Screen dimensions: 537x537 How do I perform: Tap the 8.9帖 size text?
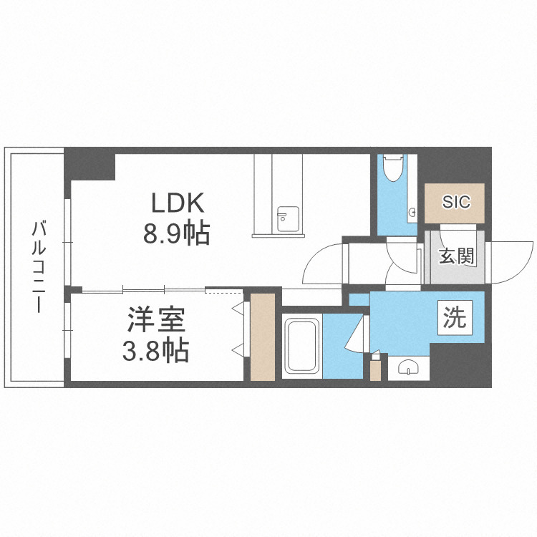click(178, 233)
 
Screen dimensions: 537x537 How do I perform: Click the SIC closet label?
click(455, 202)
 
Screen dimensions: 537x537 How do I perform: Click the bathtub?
click(302, 347)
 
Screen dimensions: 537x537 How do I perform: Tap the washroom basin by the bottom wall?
click(408, 369)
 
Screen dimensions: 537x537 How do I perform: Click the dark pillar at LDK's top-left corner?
click(91, 165)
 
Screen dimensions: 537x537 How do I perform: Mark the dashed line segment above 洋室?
click(223, 291)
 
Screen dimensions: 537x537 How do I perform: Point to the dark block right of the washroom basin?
click(458, 365)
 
